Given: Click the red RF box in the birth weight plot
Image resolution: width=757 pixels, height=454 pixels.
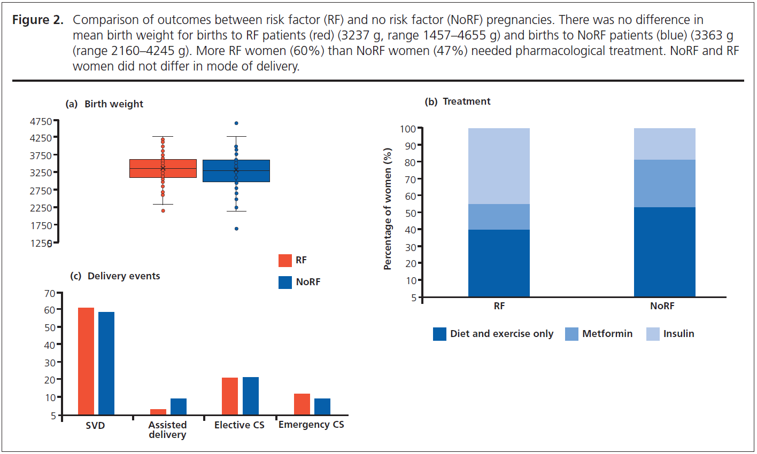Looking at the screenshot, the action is pyautogui.click(x=163, y=168).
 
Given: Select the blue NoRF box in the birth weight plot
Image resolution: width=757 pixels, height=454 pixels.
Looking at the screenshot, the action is pyautogui.click(x=236, y=171).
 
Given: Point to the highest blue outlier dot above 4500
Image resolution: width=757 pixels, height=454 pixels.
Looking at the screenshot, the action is pyautogui.click(x=236, y=123).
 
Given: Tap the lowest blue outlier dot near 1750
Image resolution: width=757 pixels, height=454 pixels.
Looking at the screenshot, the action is pyautogui.click(x=236, y=229).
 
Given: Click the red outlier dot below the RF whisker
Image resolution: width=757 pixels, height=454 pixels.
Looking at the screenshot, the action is pyautogui.click(x=163, y=211).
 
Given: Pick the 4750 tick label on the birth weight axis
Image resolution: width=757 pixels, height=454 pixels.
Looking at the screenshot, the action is pyautogui.click(x=41, y=122).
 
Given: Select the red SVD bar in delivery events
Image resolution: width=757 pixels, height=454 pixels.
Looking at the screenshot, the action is pyautogui.click(x=86, y=361).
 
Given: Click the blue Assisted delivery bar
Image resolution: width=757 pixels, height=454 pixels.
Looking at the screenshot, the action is pyautogui.click(x=179, y=407).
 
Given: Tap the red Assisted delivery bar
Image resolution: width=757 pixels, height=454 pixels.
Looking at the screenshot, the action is pyautogui.click(x=158, y=412).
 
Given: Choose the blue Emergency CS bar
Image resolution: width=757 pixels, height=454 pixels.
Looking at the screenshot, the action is pyautogui.click(x=322, y=407).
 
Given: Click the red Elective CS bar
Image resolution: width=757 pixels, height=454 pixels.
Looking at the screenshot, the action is pyautogui.click(x=230, y=396).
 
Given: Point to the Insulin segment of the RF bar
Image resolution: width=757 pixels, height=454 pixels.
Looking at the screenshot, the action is pyautogui.click(x=499, y=166).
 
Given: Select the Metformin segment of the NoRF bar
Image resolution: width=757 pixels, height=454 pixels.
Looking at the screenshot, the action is pyautogui.click(x=665, y=183).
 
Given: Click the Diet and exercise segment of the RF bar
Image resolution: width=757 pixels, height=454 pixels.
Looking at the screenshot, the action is pyautogui.click(x=499, y=263).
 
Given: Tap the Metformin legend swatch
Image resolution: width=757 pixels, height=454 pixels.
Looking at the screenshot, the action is pyautogui.click(x=571, y=334).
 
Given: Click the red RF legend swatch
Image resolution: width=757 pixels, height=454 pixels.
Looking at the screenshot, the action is pyautogui.click(x=285, y=261).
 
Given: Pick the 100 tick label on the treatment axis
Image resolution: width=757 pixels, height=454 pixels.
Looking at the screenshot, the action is pyautogui.click(x=408, y=129).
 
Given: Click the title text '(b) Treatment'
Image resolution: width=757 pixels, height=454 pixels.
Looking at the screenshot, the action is pyautogui.click(x=457, y=101).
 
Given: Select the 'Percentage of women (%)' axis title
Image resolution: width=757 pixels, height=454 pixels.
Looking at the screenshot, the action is pyautogui.click(x=388, y=209).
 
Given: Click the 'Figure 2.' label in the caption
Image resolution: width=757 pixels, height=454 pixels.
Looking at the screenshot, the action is pyautogui.click(x=38, y=20).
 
